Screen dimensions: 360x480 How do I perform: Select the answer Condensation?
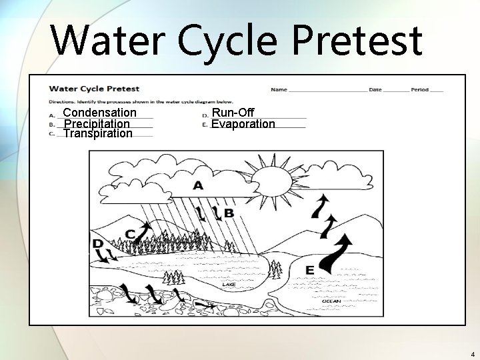[x=99, y=113]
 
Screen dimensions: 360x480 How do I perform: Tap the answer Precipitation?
[x=96, y=124]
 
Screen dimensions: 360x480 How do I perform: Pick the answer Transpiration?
[x=97, y=133]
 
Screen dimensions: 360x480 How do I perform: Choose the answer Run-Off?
[x=233, y=113]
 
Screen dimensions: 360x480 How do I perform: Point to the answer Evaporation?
[x=243, y=124]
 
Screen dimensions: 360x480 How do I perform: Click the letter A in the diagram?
[x=198, y=185]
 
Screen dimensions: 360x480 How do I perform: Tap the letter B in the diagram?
[x=229, y=213]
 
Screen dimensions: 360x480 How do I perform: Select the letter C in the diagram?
[x=131, y=233]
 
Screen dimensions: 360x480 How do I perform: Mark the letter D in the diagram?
[x=97, y=244]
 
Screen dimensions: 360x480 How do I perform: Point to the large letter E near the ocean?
[x=309, y=270]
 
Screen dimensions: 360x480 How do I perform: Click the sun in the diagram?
[x=271, y=179]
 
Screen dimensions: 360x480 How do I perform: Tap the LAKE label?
[x=229, y=285]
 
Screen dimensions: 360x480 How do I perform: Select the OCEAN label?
[x=331, y=301]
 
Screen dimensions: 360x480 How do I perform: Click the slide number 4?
[x=472, y=354]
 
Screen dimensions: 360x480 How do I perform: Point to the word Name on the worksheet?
[x=279, y=89]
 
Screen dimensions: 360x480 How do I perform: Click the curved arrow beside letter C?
[x=143, y=230]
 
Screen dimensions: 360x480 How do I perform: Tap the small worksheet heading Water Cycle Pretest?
[x=94, y=88]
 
